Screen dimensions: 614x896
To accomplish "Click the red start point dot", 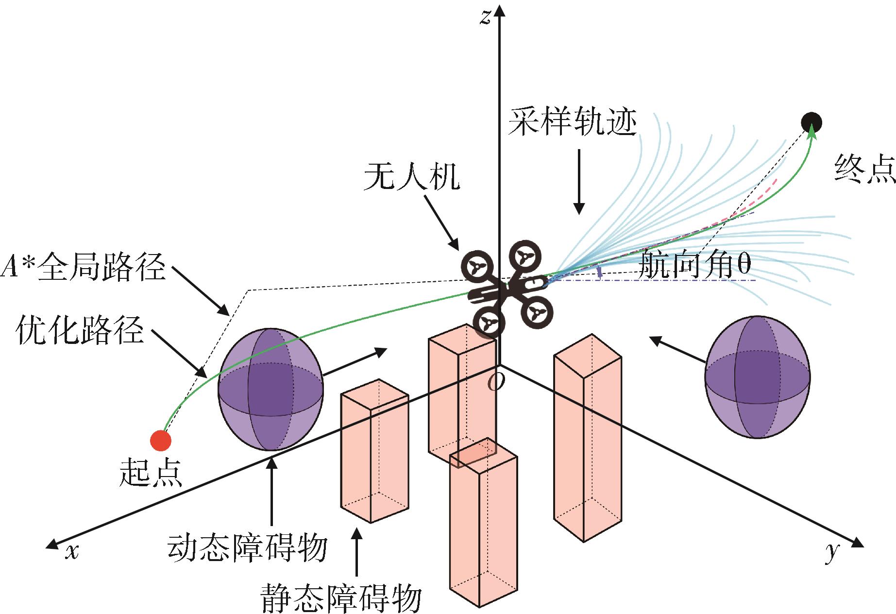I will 161,441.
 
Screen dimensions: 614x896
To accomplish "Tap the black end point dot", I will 811,122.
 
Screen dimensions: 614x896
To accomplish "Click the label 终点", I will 864,169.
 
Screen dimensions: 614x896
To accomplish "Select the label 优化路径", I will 80,331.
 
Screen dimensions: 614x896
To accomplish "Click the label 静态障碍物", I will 340,597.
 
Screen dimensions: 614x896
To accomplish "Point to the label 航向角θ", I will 695,265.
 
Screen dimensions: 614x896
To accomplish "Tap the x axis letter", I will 72,551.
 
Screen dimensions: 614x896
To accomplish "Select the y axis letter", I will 832,551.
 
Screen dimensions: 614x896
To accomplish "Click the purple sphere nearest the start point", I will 270,390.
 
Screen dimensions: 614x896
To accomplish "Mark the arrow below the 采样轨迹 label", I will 578,182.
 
